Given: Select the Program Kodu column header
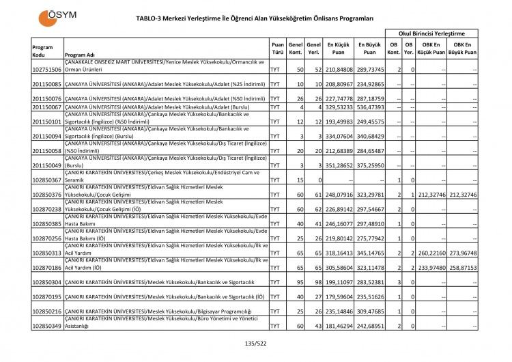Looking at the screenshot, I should click(x=43, y=51).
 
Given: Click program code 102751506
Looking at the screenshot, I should click(x=46, y=70).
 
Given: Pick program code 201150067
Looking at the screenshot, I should click(x=46, y=107).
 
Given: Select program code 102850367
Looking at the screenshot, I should click(x=46, y=180).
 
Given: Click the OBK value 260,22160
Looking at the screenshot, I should click(x=432, y=253).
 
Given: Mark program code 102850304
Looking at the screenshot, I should click(x=46, y=282).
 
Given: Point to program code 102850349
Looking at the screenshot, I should click(x=46, y=326).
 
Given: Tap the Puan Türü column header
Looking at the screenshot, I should click(x=278, y=51).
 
